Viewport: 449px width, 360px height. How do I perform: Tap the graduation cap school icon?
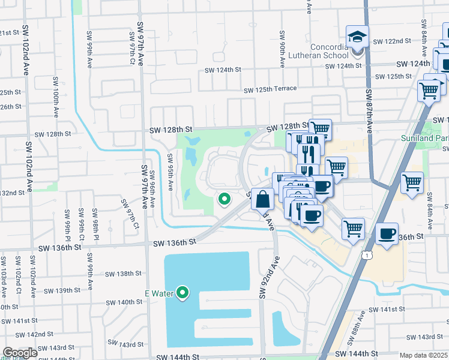pyautogui.click(x=357, y=37)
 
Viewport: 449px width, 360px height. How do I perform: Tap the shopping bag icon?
pyautogui.click(x=262, y=199)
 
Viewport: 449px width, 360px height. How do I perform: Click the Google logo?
pyautogui.click(x=20, y=353)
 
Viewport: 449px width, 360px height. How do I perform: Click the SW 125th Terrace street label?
pyautogui.click(x=270, y=89)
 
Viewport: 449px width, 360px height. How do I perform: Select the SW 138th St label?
pyautogui.click(x=123, y=274)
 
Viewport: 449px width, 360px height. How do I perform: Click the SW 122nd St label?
pyautogui.click(x=392, y=41)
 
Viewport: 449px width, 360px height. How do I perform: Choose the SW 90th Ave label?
pyautogui.click(x=282, y=46)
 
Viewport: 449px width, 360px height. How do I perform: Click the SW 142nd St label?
pyautogui.click(x=35, y=334)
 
